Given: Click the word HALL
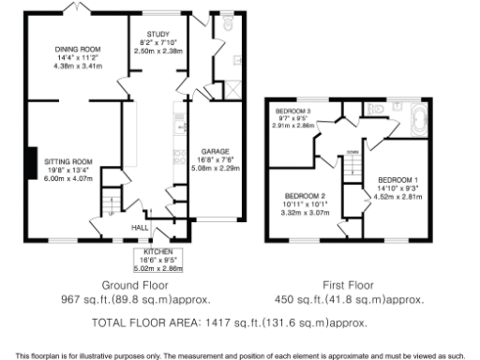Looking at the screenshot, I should coord(140,227).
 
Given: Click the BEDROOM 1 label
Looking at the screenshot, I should coord(397,178).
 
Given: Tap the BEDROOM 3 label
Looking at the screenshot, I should coord(292,111).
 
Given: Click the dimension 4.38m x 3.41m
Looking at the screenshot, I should coord(77,67).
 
